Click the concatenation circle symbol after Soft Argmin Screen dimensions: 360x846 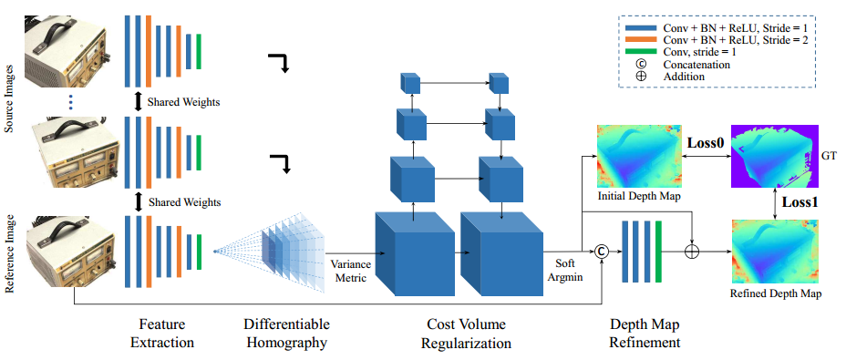[601, 252]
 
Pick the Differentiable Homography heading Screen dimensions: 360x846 [287, 333]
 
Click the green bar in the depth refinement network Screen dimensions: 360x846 [657, 252]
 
